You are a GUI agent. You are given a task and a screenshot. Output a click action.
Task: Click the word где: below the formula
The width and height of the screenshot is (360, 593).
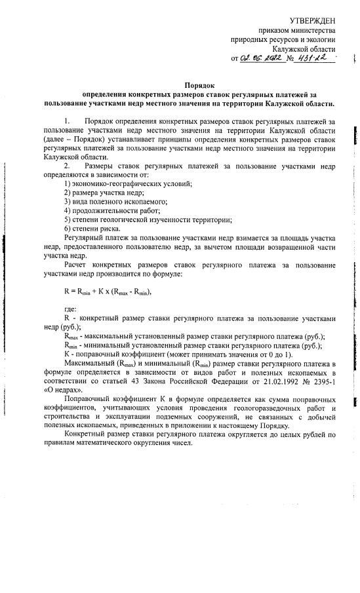(70, 310)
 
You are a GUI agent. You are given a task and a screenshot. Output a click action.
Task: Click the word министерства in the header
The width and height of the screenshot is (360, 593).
(314, 31)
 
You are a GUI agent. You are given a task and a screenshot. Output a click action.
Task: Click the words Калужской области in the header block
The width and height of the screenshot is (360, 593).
(304, 49)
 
